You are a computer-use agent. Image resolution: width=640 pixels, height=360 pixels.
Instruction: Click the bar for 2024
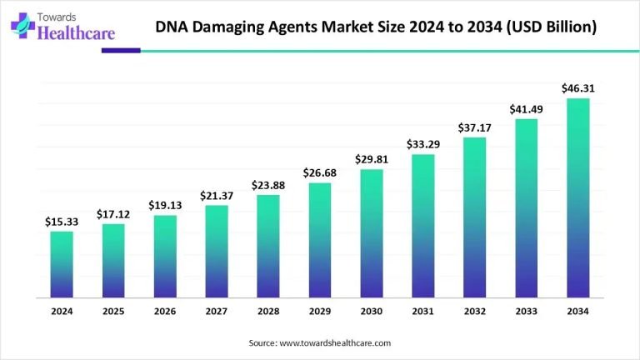(x=62, y=264)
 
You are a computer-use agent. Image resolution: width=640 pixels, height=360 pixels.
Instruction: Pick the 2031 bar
(x=422, y=226)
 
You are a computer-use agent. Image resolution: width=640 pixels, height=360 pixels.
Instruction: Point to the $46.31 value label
(x=577, y=87)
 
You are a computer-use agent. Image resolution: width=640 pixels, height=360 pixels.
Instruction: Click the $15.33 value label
(x=62, y=221)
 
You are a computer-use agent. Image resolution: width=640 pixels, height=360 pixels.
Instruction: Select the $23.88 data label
(x=268, y=185)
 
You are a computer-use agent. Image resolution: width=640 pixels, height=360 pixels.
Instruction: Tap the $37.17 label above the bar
(x=474, y=127)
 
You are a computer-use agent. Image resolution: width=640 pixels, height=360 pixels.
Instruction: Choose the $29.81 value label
(x=371, y=159)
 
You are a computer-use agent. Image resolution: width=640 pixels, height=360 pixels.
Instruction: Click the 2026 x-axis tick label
(x=165, y=311)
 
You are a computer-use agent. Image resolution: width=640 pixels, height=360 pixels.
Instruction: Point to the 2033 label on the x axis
(x=526, y=311)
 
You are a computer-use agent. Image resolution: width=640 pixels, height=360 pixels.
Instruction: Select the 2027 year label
(x=217, y=311)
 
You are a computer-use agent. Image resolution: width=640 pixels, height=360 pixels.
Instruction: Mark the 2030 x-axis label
(x=371, y=311)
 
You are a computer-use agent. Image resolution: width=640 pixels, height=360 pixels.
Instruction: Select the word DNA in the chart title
(x=173, y=27)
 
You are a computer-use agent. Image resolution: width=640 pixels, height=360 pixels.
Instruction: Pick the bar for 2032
(x=474, y=217)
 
